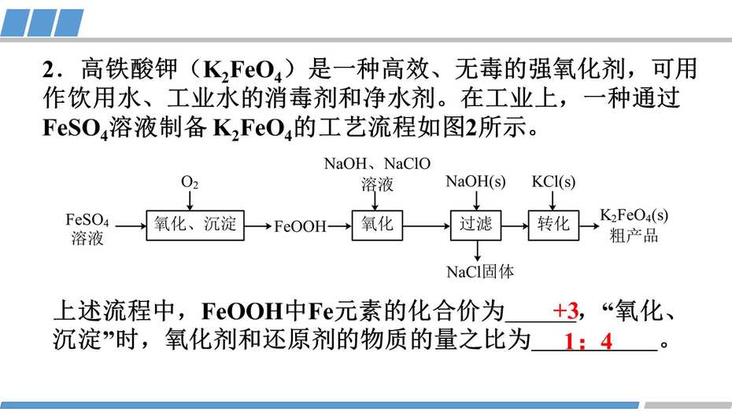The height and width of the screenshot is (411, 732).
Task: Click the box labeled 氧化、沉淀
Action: [195, 225]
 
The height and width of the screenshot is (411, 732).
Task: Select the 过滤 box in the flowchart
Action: [475, 225]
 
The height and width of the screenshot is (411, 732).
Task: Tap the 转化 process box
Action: [553, 225]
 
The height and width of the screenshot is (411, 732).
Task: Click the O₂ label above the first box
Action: [190, 182]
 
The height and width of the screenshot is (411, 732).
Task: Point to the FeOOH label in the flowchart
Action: [300, 226]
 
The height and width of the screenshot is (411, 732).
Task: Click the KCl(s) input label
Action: [553, 182]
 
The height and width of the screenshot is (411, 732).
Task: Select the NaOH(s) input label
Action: [475, 182]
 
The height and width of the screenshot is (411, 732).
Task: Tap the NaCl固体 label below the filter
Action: [480, 272]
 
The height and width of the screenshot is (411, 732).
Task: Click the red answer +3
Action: [565, 310]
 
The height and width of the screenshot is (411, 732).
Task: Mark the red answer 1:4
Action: [588, 342]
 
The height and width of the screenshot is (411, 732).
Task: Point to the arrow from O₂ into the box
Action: [190, 200]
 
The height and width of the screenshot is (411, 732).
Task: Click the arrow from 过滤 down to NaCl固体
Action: [477, 251]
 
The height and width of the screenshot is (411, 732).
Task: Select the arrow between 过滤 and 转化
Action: [515, 226]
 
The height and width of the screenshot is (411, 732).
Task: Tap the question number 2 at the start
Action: [49, 69]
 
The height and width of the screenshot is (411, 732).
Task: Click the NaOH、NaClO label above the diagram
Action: [377, 163]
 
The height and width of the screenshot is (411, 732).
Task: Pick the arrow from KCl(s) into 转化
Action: [553, 200]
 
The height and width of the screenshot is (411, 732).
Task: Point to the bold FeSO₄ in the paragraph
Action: [75, 128]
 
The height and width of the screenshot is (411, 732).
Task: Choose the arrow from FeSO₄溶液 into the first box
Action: [131, 226]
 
